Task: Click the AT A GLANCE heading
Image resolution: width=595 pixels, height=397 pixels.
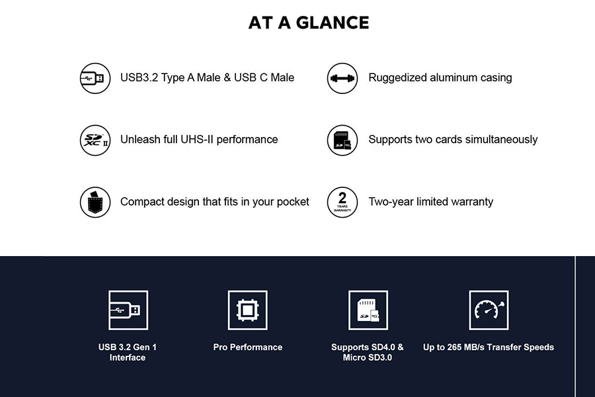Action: tap(309, 22)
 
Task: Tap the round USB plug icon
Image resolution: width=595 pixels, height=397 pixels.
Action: tap(95, 78)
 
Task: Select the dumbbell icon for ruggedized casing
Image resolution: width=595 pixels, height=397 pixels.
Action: tap(342, 78)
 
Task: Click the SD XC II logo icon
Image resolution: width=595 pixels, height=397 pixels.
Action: tap(95, 140)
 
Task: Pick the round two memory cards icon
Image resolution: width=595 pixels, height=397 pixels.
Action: tap(342, 140)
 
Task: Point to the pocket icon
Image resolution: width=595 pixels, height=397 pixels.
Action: tap(95, 202)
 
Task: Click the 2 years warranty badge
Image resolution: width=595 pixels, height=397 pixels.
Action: tap(342, 202)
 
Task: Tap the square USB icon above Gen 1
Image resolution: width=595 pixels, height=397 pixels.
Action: tap(128, 310)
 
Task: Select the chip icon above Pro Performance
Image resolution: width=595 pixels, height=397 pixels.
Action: tap(248, 310)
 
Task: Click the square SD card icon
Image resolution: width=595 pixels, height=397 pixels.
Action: tap(368, 310)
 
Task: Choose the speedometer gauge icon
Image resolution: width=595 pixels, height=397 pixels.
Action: tap(489, 310)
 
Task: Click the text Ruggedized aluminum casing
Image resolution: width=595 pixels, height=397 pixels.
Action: tap(440, 77)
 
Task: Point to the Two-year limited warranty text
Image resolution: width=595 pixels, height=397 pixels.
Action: tap(430, 201)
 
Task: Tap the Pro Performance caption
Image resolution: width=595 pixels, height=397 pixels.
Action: tap(248, 347)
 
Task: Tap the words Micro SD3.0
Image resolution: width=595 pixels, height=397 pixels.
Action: tap(368, 357)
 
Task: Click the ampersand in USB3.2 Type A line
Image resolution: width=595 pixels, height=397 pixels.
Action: tap(227, 77)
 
